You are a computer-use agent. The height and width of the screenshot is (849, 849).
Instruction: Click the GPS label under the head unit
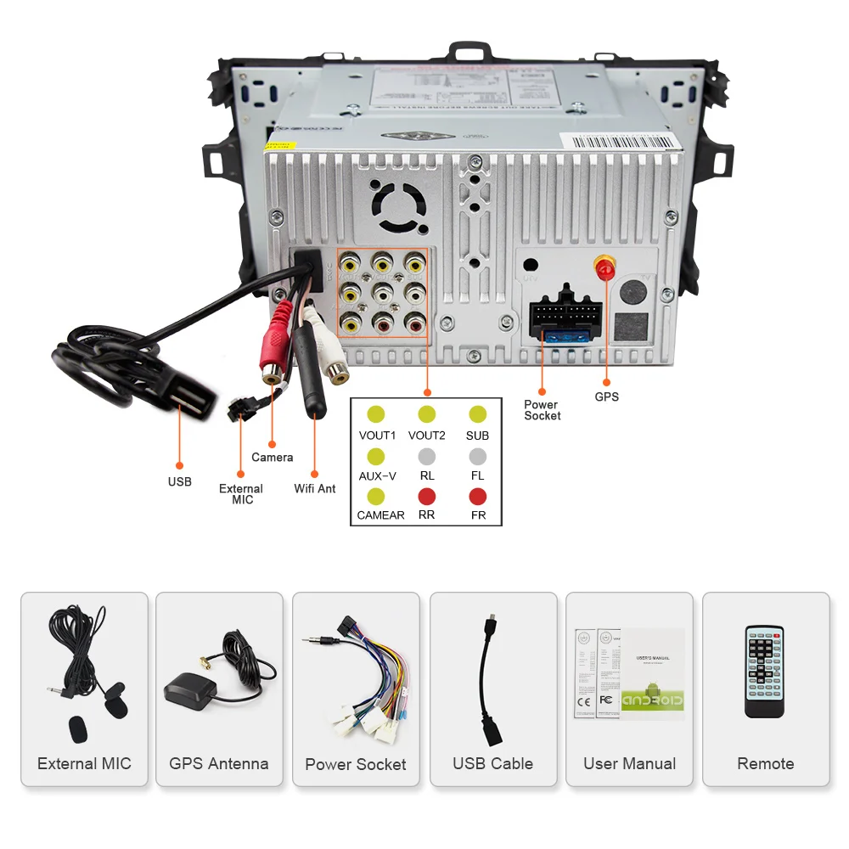[x=606, y=396]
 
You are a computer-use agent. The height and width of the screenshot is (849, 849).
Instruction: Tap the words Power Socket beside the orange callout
[x=542, y=410]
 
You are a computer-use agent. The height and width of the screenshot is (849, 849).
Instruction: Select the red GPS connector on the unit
[x=606, y=269]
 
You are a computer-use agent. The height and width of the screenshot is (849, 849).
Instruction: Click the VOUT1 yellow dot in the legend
[x=376, y=414]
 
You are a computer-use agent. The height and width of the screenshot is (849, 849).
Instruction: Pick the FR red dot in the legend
[x=478, y=496]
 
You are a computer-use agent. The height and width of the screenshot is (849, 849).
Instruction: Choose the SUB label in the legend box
[x=478, y=436]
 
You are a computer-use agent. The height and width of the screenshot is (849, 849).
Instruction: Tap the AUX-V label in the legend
[x=377, y=475]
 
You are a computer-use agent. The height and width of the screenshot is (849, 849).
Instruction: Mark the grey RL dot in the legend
[x=426, y=456]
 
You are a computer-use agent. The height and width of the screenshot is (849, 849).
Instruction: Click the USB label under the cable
[x=179, y=481]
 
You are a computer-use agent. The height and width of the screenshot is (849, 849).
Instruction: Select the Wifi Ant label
[x=315, y=488]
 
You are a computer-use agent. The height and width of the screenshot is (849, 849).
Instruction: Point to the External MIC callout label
[x=241, y=494]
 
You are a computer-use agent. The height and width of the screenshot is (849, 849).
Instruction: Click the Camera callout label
[x=273, y=457]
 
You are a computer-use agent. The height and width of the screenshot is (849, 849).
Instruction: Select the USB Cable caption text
[x=492, y=763]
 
